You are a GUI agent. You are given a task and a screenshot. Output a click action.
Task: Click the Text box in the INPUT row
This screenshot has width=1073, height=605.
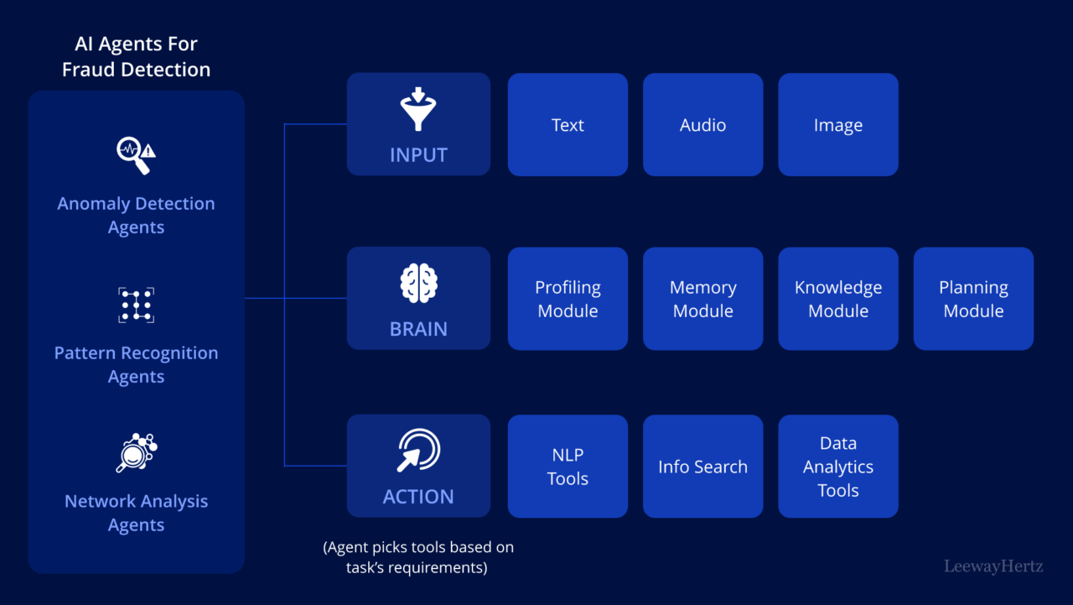pos(568,125)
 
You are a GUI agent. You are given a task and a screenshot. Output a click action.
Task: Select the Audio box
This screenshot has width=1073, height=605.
pos(702,125)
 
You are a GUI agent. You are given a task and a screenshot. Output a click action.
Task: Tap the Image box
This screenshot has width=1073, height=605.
pos(837,125)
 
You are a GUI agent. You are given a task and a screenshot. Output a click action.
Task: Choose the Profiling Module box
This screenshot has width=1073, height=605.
pos(568,299)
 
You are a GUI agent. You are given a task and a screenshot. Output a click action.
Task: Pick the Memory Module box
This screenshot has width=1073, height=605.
pos(702,299)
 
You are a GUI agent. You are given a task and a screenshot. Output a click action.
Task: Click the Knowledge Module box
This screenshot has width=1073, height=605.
pos(837,299)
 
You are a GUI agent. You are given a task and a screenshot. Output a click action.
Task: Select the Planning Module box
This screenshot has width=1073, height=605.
pos(973,299)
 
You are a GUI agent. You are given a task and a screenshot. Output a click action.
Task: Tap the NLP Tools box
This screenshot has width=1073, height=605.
pos(568,467)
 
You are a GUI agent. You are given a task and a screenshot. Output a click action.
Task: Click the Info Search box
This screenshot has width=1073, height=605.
pos(702,467)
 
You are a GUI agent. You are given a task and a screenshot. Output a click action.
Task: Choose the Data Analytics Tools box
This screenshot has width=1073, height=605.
pos(837,467)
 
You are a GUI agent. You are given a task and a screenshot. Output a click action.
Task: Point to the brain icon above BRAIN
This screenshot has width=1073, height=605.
pos(418,284)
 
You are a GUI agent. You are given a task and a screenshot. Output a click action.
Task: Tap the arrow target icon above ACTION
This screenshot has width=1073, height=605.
pos(418,451)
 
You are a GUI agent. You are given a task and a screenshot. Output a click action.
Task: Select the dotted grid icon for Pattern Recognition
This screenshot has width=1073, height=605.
pos(136,305)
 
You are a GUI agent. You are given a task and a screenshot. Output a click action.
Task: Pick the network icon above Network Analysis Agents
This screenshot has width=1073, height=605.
pos(136,453)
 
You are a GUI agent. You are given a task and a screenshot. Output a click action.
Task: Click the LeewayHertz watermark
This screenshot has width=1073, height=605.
pos(993,566)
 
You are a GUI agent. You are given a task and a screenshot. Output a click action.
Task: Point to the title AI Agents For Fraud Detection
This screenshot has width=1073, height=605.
pos(136,57)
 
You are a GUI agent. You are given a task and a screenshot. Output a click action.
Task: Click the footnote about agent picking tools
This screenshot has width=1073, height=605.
pos(418,557)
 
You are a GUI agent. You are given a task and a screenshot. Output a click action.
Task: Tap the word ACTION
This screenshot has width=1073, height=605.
pos(418,497)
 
